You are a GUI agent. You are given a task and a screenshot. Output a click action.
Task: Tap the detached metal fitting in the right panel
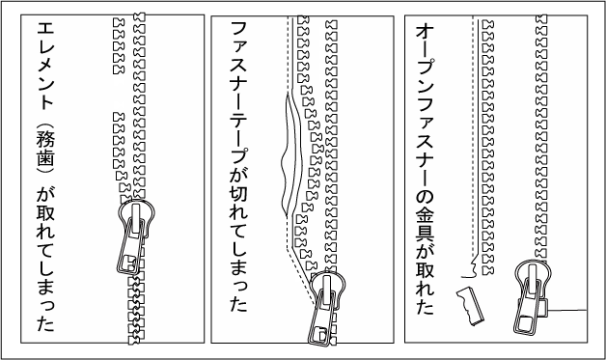pos(470,306)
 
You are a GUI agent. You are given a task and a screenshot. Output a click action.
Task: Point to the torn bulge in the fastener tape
pos(290,154)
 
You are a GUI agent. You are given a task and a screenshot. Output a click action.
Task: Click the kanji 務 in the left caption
pos(45,139)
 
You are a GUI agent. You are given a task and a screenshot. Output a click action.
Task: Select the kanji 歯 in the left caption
pos(45,157)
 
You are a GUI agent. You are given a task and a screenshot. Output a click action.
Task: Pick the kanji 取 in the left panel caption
pos(45,212)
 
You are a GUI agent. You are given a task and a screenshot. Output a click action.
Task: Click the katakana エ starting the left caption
pos(45,28)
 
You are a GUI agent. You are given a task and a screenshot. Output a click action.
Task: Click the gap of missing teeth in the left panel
pos(119,94)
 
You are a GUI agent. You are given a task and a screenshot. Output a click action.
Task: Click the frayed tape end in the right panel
pos(471,269)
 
